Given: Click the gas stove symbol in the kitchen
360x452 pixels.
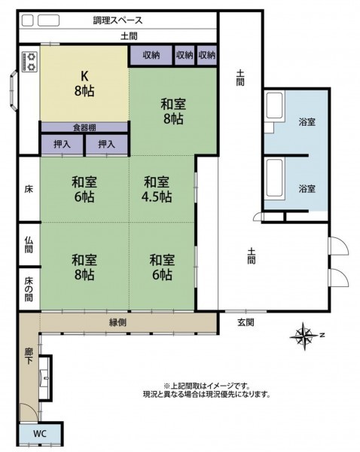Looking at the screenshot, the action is [30, 62].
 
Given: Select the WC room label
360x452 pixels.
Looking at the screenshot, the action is [40, 434].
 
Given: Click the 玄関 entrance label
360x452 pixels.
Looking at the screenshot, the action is [246, 322].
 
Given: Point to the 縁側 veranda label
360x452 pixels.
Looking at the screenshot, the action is [118, 322].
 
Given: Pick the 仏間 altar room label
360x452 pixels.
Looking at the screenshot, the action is [29, 244].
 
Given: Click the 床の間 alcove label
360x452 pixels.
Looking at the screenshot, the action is [29, 289].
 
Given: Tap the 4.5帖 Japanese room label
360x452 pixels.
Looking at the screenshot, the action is [157, 189].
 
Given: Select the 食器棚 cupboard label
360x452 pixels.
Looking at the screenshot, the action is [84, 128].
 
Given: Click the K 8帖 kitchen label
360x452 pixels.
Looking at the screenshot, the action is [84, 84].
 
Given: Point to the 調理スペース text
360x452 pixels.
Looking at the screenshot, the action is [117, 20].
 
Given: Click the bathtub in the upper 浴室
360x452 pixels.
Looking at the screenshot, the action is [274, 105].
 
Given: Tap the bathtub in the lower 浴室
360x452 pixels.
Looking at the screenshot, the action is [275, 178].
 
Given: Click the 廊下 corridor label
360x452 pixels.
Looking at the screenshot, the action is [29, 356].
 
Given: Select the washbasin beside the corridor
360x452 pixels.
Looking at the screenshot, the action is [44, 378].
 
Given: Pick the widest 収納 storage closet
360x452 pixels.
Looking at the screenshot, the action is [151, 55].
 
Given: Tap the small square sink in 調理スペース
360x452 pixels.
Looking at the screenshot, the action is [28, 20].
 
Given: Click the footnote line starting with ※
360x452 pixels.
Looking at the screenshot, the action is [206, 386].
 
